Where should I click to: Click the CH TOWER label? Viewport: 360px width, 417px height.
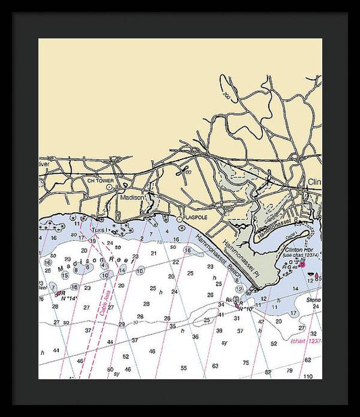(101, 181)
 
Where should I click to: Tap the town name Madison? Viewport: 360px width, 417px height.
(132, 197)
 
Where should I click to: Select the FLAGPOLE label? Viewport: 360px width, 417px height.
(196, 218)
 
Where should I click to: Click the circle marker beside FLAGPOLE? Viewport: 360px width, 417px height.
(179, 219)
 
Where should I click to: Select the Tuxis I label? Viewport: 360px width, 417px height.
(100, 230)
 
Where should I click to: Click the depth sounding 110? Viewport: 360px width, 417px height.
(308, 376)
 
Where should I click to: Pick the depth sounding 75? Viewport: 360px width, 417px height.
(245, 363)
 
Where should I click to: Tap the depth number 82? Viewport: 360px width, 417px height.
(268, 372)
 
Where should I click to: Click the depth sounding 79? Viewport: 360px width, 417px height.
(289, 370)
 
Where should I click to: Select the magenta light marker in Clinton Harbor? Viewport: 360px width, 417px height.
(302, 263)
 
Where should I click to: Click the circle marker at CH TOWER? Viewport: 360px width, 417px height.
(109, 187)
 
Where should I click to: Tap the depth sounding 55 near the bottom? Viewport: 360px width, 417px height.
(183, 368)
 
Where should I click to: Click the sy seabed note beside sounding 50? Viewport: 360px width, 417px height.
(116, 374)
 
